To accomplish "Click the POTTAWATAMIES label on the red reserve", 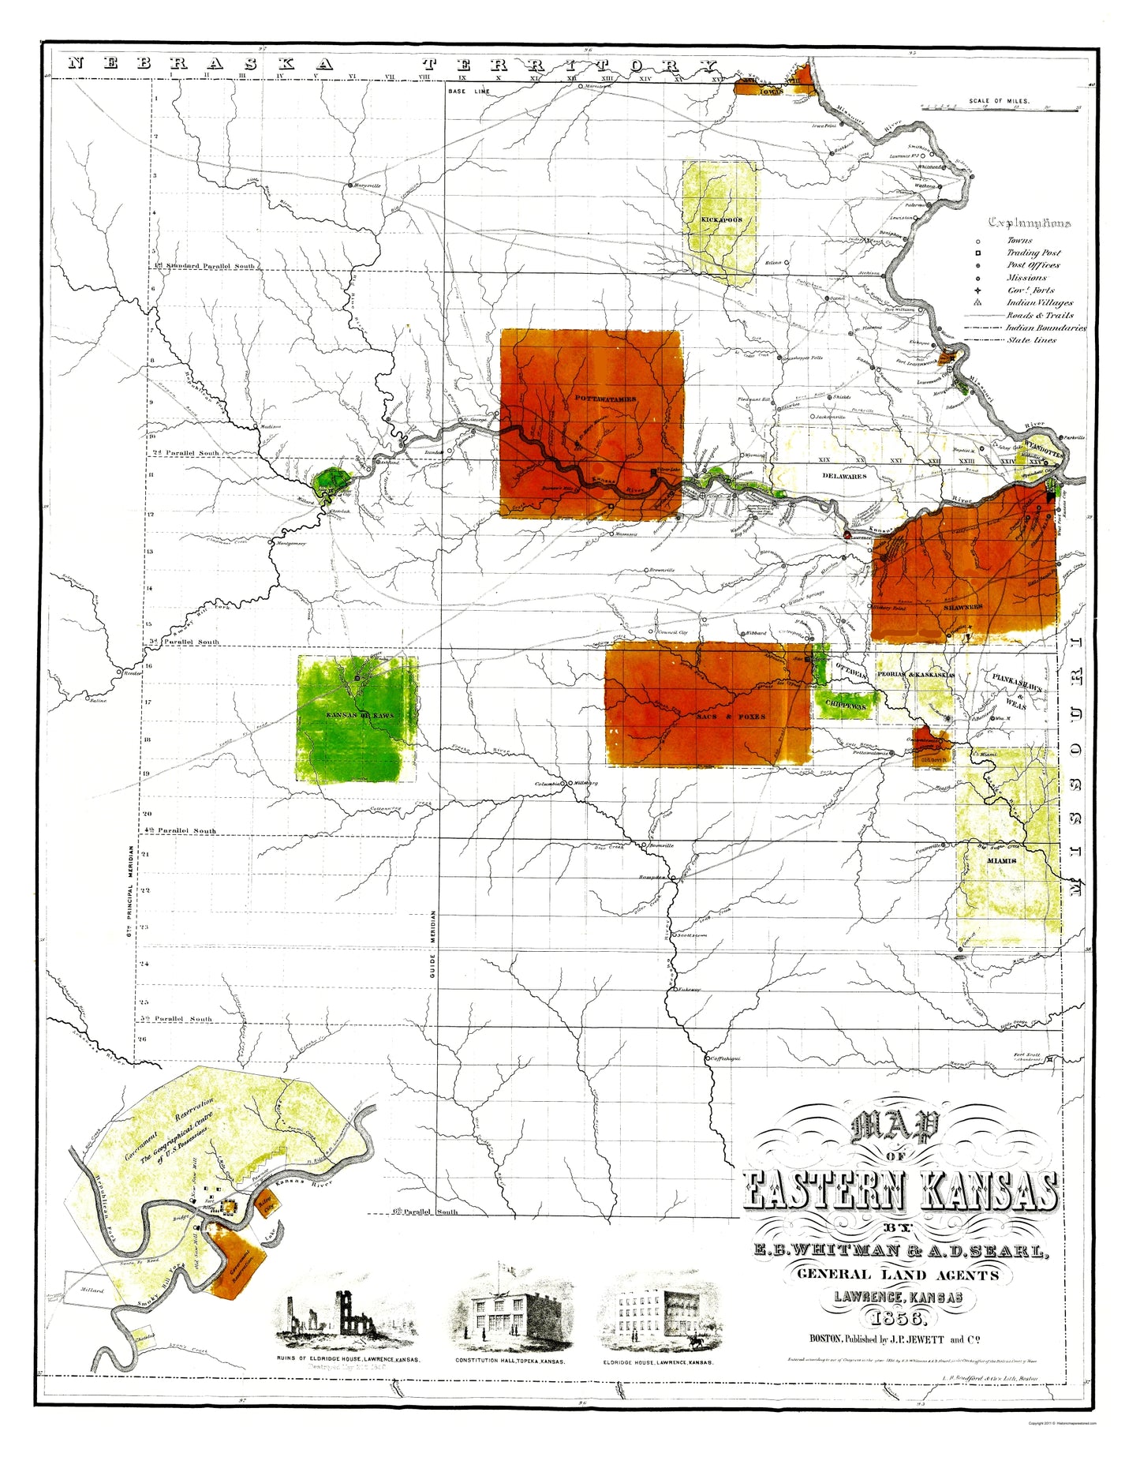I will [x=605, y=399].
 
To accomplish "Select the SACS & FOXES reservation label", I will [x=731, y=717].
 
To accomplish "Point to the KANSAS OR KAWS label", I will [x=359, y=715].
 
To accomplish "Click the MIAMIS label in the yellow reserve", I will [x=1001, y=861].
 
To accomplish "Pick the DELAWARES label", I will [x=844, y=476].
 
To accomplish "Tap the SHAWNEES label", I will [x=962, y=607].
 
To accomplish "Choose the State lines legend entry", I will [x=1031, y=340].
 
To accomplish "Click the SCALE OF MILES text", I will [x=1000, y=102].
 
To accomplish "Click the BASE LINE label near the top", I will [x=469, y=92].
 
